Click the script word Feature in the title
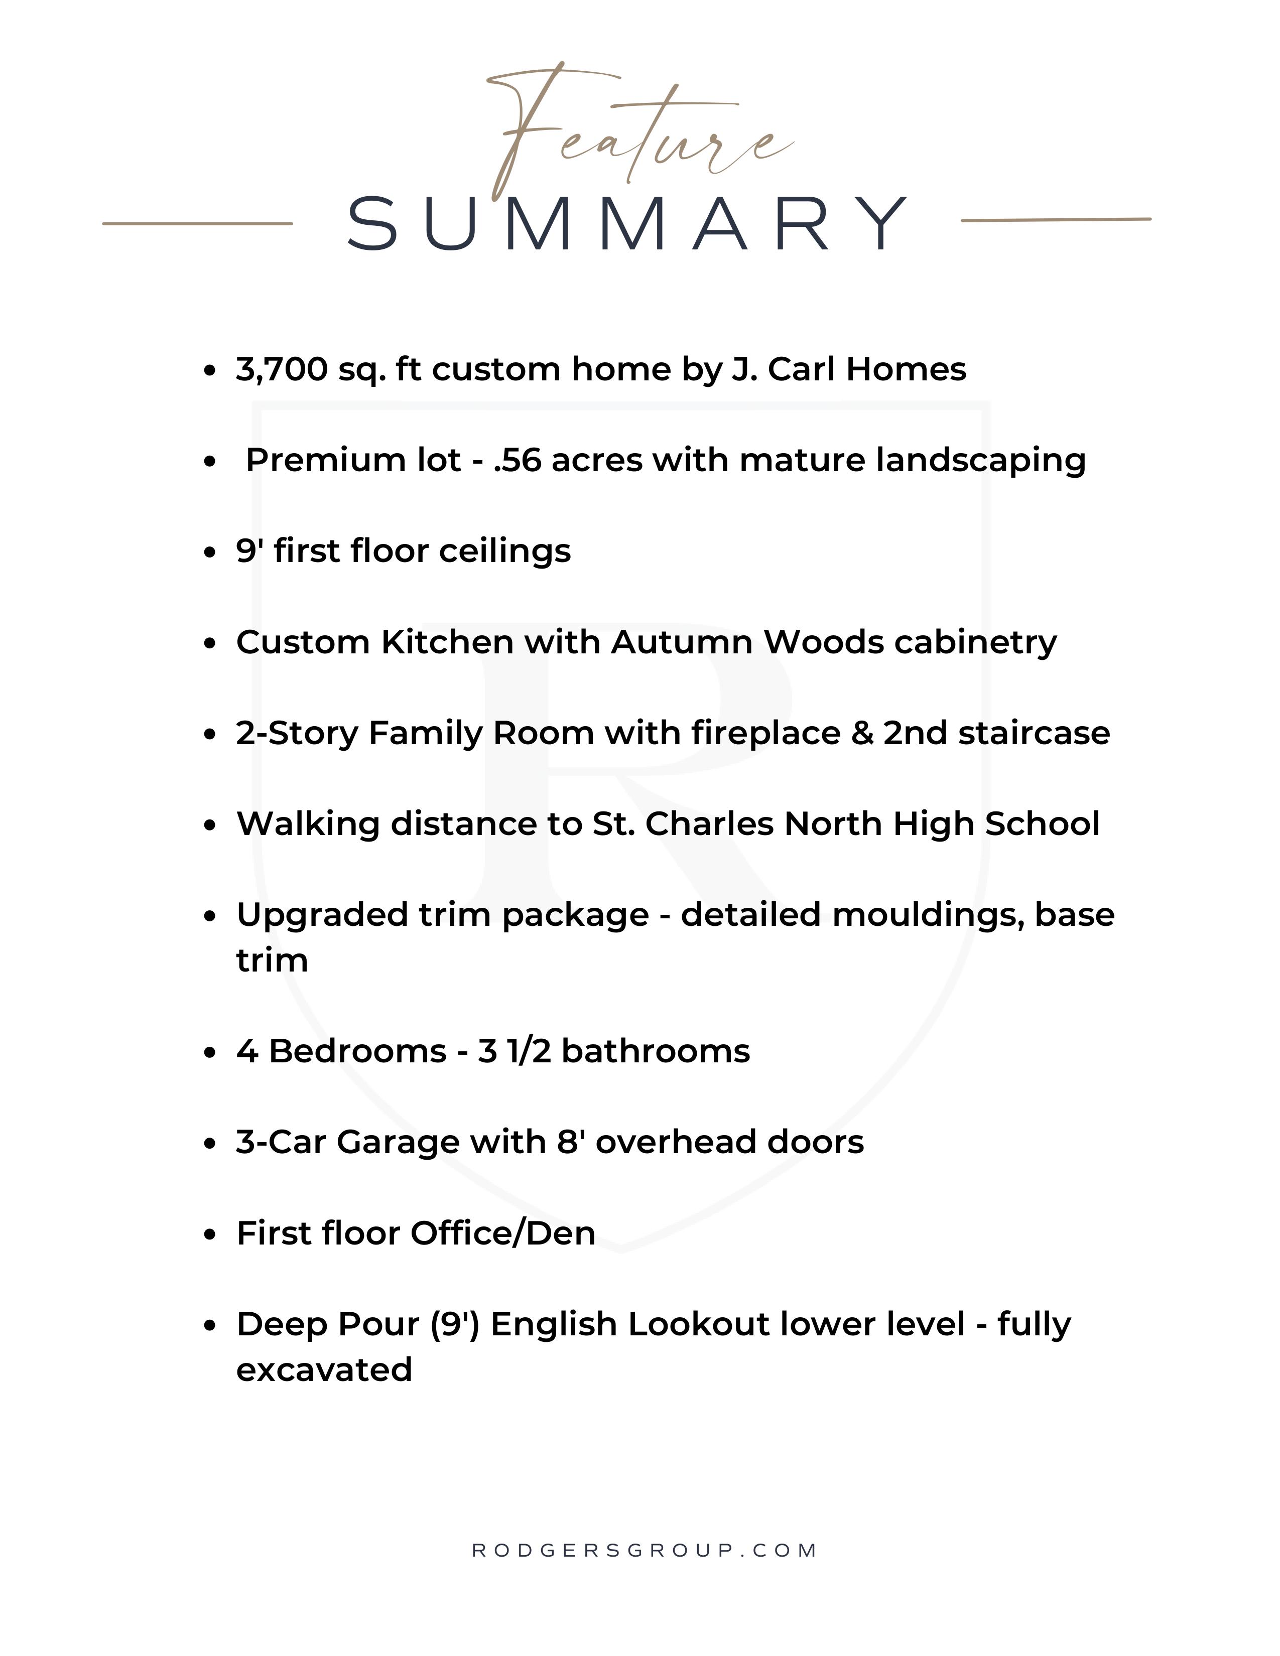(x=637, y=132)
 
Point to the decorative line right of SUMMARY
(x=1056, y=220)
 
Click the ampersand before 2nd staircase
(x=862, y=733)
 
